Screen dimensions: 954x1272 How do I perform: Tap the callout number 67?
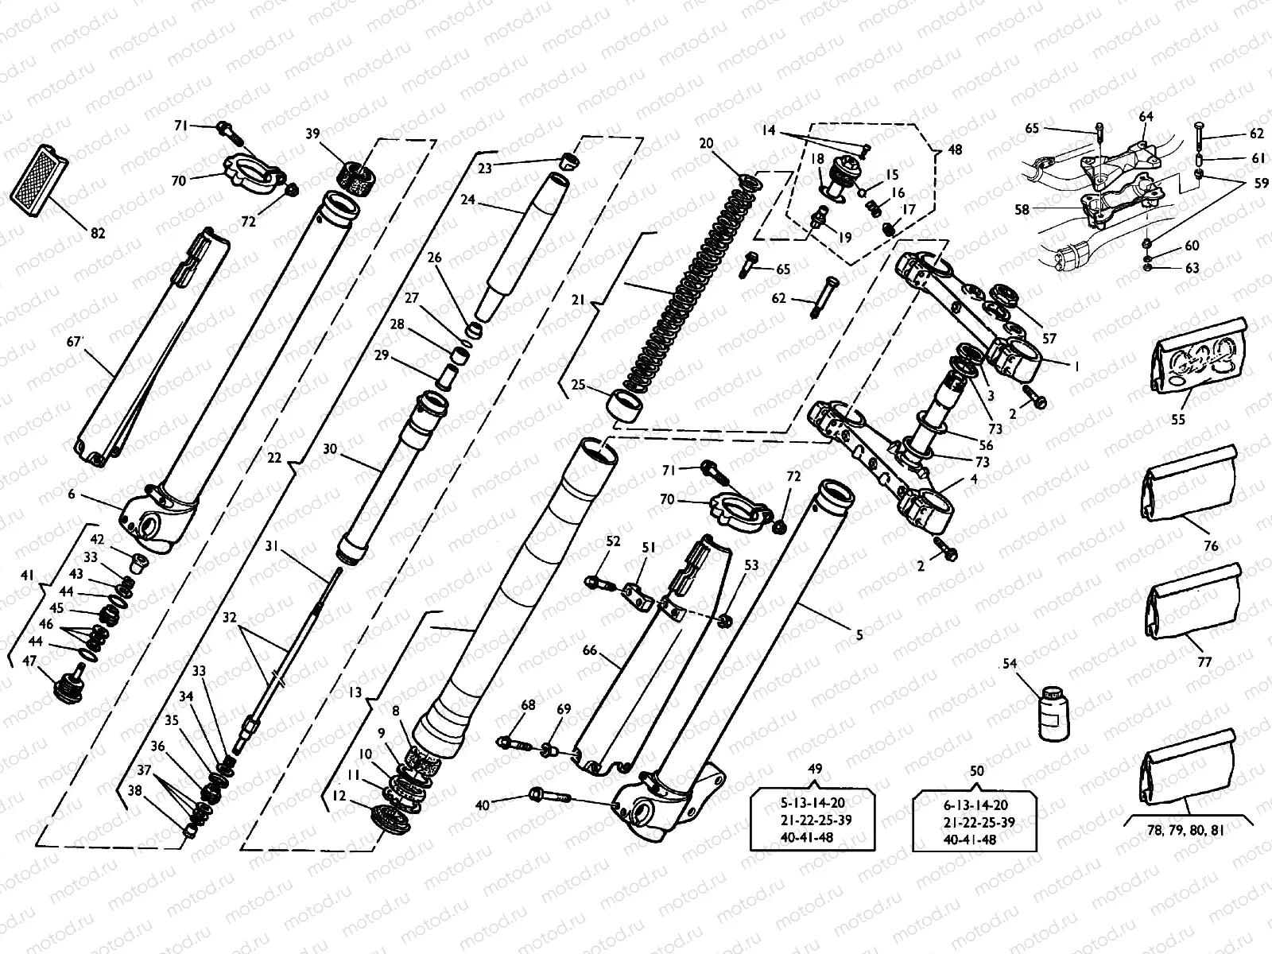tap(76, 343)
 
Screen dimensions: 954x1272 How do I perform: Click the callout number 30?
tap(331, 449)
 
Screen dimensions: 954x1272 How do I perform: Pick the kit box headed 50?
tap(976, 820)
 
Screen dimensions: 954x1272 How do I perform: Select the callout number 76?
tap(1210, 546)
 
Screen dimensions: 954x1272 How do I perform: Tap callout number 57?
tap(1049, 338)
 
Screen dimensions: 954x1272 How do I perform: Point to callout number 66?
tap(589, 650)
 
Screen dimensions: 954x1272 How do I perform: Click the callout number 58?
tap(1022, 210)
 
